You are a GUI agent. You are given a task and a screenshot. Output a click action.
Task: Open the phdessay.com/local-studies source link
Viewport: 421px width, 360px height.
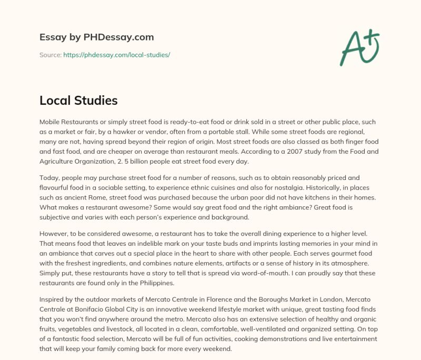pos(116,55)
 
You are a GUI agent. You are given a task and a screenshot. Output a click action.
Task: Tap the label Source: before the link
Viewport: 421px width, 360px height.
pos(51,55)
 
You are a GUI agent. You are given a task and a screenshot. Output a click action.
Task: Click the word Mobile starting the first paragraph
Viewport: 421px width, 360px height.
pos(51,122)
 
